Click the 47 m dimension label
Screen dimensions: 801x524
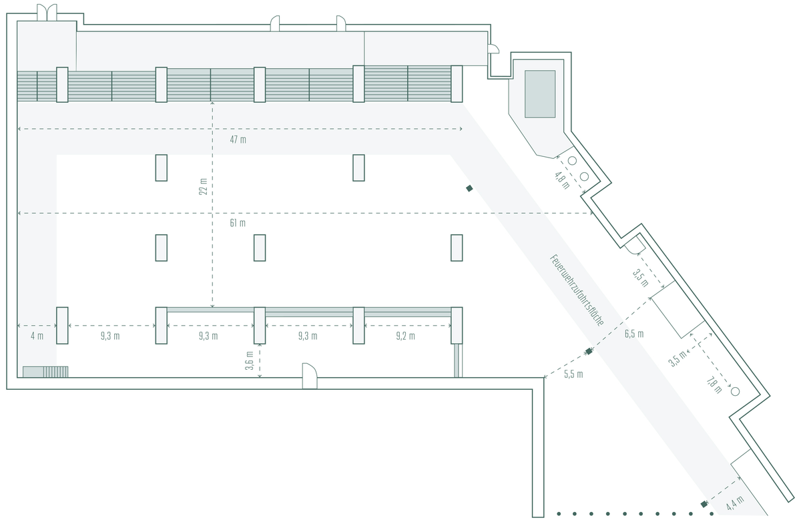point(238,140)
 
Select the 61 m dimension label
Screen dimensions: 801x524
point(238,223)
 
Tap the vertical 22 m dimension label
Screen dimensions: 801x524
point(203,187)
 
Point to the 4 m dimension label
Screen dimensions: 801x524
point(37,336)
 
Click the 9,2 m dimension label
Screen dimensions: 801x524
point(406,336)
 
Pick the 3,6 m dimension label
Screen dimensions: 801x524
point(250,360)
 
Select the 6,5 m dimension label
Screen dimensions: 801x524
point(634,334)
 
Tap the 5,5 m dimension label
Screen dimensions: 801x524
point(573,374)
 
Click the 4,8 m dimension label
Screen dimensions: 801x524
point(562,181)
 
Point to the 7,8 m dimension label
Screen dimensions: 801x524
point(714,385)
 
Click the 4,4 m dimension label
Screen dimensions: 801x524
point(735,503)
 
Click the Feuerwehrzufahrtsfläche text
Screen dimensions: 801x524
point(577,290)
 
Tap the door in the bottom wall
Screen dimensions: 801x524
point(310,376)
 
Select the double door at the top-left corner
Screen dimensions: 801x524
point(47,12)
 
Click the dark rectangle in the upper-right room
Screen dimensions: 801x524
point(540,94)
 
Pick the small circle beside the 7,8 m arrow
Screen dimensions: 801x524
point(735,391)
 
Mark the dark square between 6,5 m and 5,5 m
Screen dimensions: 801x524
point(589,351)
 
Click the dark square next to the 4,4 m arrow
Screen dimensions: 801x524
point(704,505)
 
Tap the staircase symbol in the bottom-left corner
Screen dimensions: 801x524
point(45,372)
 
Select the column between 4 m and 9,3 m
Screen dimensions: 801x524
point(62,326)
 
